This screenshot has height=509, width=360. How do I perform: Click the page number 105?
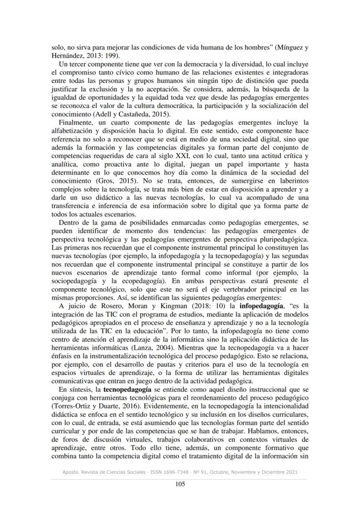(x=179, y=484)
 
